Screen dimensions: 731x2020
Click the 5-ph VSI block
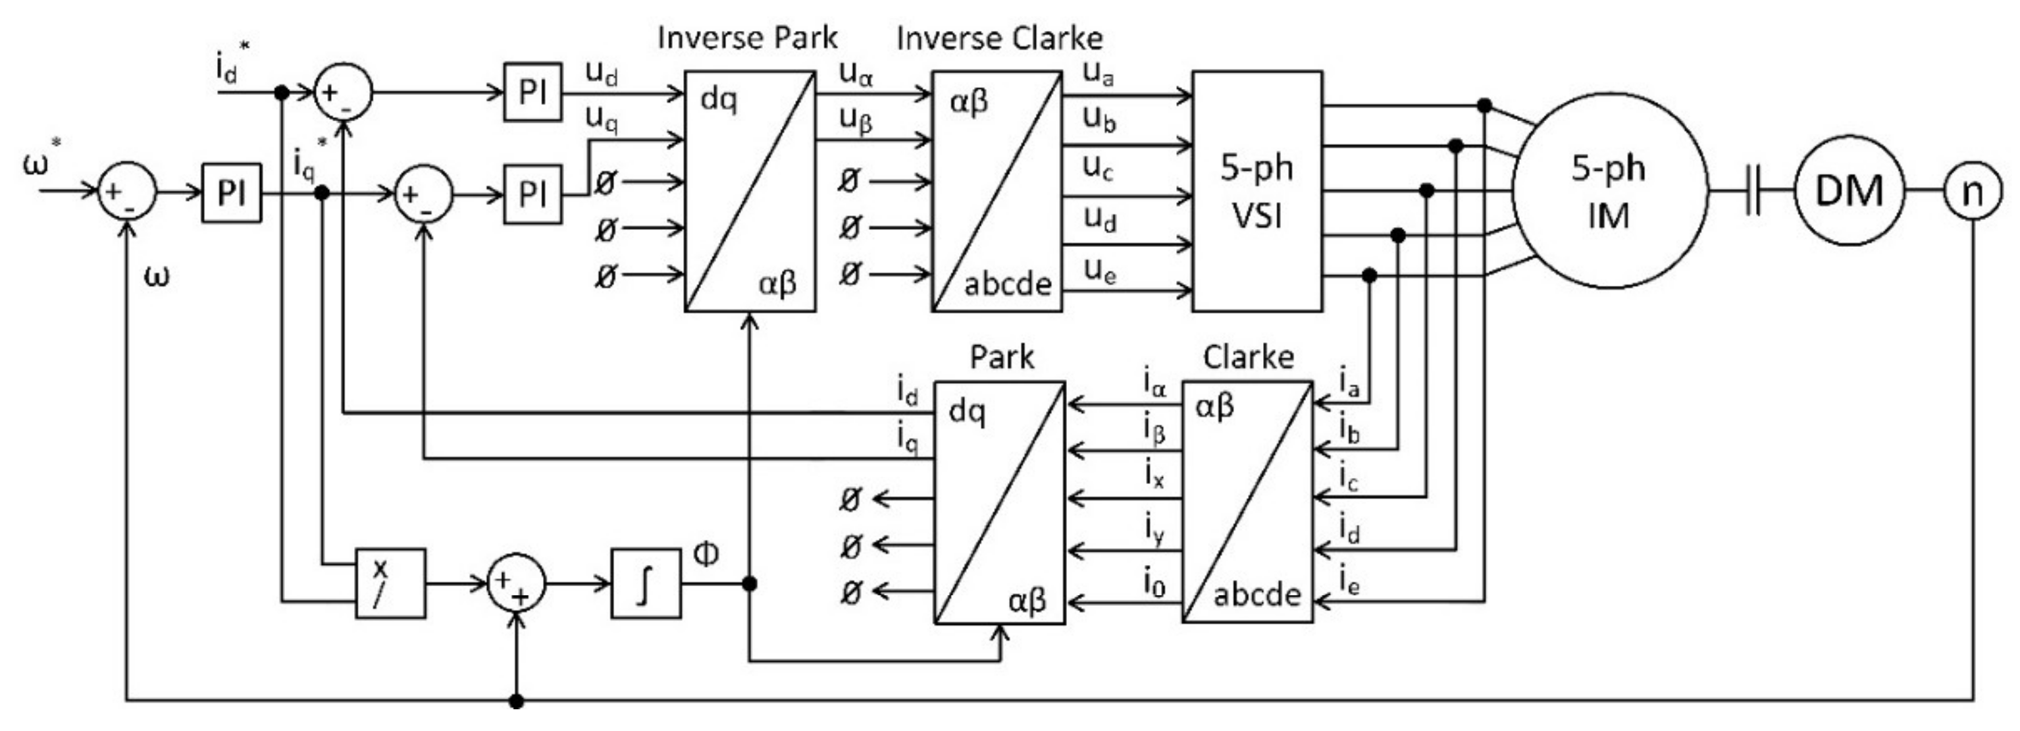tap(1257, 192)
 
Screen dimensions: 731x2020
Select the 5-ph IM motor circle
tap(1609, 192)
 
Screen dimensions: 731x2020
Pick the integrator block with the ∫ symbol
tap(646, 583)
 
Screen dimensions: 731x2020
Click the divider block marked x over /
tap(390, 583)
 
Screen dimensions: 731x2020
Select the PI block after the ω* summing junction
tap(231, 193)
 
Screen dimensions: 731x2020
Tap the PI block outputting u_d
tap(532, 92)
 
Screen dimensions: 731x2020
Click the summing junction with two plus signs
tap(516, 583)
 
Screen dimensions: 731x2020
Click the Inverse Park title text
tap(747, 38)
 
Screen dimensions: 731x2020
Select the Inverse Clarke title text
tap(999, 38)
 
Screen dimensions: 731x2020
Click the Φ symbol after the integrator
tap(706, 554)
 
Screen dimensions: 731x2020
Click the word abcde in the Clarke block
tap(1257, 595)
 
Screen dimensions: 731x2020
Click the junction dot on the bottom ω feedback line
tap(516, 701)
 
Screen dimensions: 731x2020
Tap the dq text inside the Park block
tap(967, 411)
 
